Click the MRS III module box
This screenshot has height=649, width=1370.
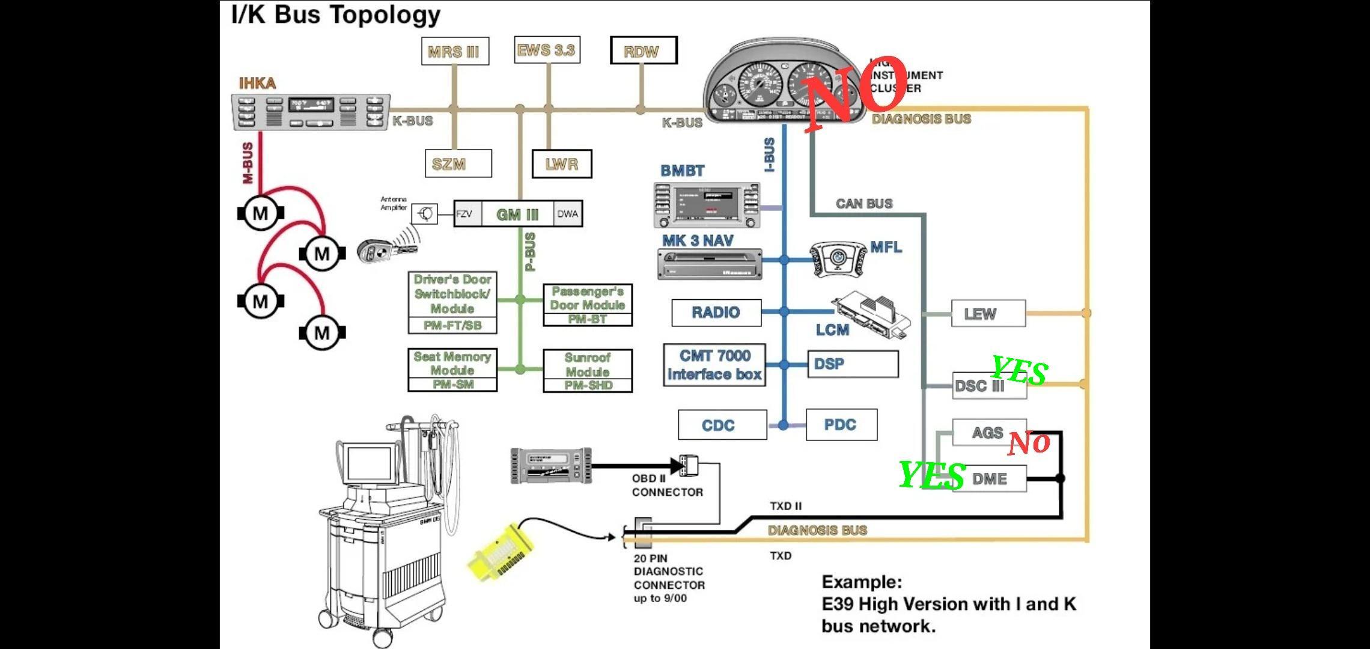[x=455, y=51]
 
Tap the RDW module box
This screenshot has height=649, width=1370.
[x=644, y=50]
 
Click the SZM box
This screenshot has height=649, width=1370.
[x=458, y=163]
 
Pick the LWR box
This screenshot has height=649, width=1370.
[x=562, y=164]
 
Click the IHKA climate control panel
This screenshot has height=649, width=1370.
[x=311, y=112]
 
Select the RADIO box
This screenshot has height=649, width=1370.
[x=716, y=312]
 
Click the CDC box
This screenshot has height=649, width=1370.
[x=722, y=425]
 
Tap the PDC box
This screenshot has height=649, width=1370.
[x=841, y=424]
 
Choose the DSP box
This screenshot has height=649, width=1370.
[x=853, y=364]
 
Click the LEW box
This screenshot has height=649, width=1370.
[x=988, y=314]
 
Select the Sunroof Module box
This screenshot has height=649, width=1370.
[x=588, y=371]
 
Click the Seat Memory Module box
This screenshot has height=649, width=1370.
[x=452, y=370]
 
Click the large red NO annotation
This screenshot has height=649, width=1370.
[x=856, y=93]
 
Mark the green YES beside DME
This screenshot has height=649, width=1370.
[x=931, y=475]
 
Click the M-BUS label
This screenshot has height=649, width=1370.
[x=247, y=163]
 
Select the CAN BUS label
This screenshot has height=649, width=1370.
[x=864, y=204]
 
